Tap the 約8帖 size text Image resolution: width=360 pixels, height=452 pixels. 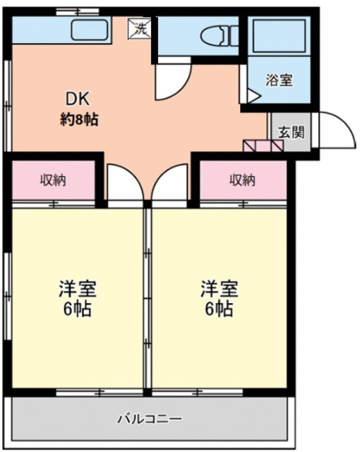(x=78, y=119)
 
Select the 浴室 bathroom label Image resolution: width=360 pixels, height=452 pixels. (x=278, y=80)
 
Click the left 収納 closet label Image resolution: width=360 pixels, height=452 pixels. (x=53, y=180)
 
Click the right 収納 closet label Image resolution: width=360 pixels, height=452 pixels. (x=241, y=180)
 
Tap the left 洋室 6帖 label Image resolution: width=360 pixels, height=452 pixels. (x=77, y=299)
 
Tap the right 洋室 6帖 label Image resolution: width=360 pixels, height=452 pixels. (x=219, y=299)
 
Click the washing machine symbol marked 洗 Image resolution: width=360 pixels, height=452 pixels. (x=138, y=30)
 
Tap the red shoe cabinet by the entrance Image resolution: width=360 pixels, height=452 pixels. (x=263, y=146)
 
